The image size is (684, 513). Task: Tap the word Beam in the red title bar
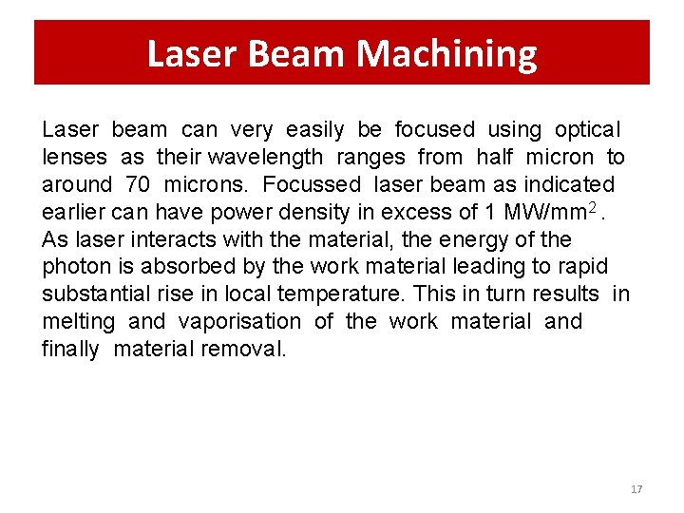click(x=297, y=54)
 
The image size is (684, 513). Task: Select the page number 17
click(x=636, y=489)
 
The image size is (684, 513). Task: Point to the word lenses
click(x=76, y=157)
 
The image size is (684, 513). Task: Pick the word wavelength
click(x=266, y=157)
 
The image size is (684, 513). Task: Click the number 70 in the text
click(x=138, y=184)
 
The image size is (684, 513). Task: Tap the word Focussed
click(x=313, y=184)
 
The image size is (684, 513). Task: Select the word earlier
click(x=75, y=212)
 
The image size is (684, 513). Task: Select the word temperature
click(x=328, y=294)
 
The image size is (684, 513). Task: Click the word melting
click(x=78, y=322)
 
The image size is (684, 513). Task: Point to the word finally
click(x=69, y=350)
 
